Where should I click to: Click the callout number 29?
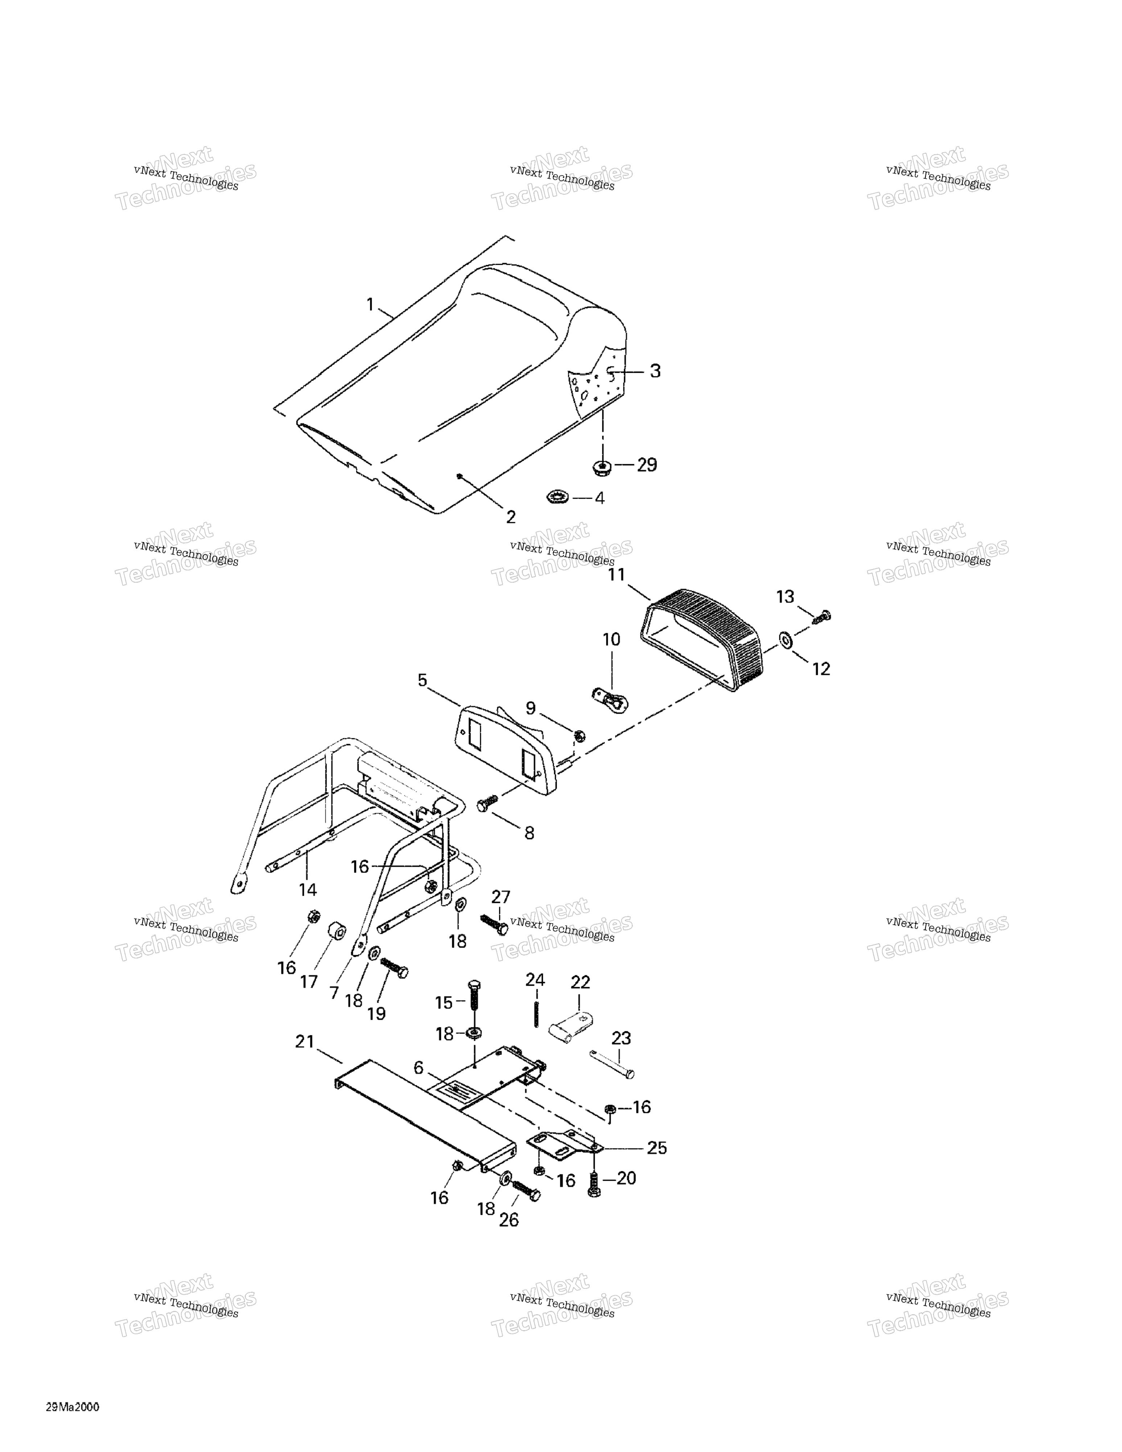tap(647, 465)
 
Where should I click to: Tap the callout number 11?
tap(617, 574)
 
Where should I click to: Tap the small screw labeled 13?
tap(822, 616)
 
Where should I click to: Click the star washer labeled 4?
tap(557, 497)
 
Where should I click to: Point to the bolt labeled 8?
tap(487, 804)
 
